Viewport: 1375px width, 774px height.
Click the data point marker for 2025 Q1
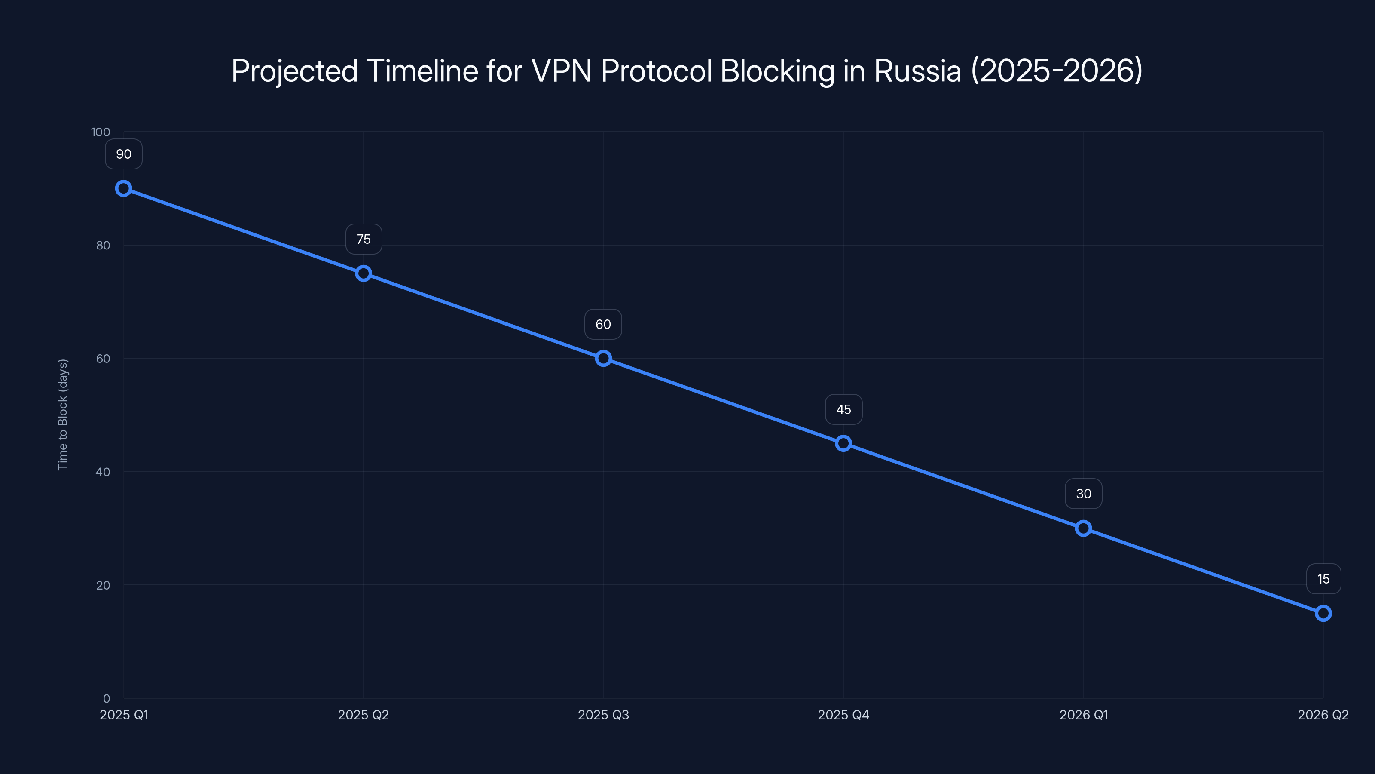(123, 189)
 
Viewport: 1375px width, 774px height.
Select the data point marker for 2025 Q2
(364, 273)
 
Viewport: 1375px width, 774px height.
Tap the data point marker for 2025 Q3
(603, 359)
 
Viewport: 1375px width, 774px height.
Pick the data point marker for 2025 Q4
(843, 443)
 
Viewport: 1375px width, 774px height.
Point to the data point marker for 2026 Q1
(1083, 528)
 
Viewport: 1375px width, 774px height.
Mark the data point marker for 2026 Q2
(1323, 613)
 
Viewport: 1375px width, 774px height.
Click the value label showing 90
(123, 154)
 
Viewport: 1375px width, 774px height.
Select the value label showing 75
(364, 240)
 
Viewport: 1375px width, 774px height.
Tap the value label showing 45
(843, 410)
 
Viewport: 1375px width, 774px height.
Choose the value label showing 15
(1323, 579)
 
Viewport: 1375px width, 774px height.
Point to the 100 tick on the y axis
(101, 132)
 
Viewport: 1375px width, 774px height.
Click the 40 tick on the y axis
(103, 472)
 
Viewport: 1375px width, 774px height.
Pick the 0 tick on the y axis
(106, 698)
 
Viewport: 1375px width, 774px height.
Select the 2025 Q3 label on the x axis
(603, 715)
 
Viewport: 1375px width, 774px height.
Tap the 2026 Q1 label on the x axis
(1083, 715)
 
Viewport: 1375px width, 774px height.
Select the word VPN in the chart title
(562, 71)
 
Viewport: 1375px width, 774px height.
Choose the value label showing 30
(1083, 494)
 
